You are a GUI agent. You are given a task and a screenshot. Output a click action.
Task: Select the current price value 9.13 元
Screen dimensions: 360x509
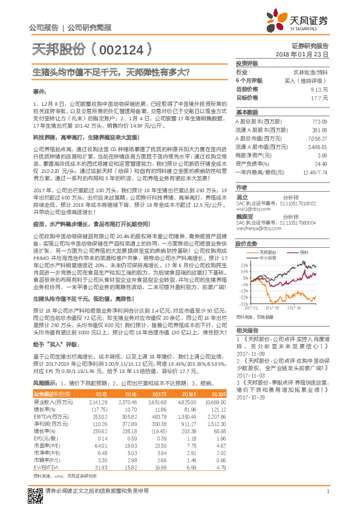(x=319, y=89)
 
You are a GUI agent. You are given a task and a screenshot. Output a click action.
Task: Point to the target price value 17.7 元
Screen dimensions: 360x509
(x=319, y=97)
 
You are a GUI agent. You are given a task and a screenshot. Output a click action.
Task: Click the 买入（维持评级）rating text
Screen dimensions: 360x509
(x=310, y=80)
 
